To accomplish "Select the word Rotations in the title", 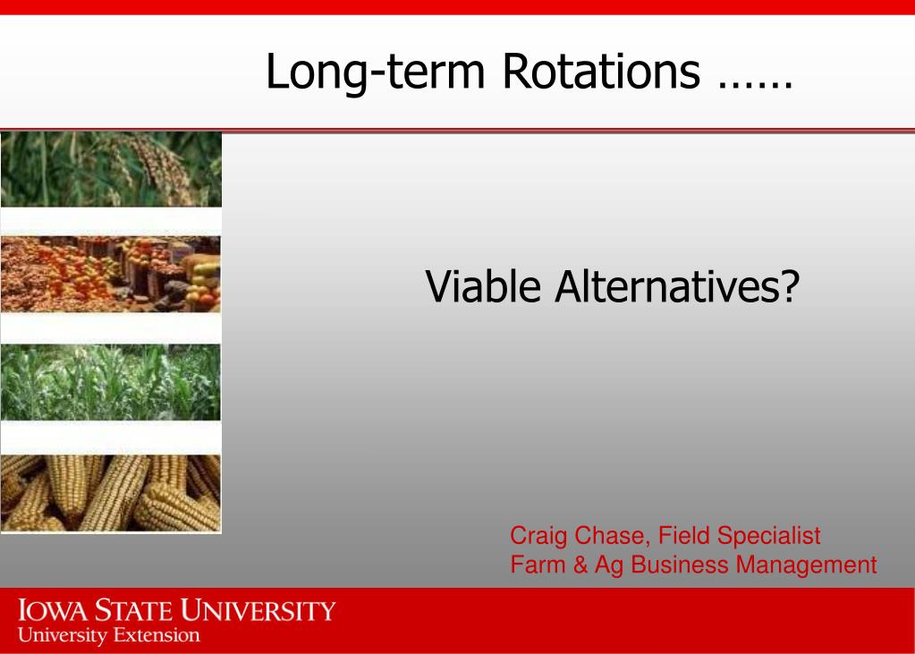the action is pyautogui.click(x=601, y=71).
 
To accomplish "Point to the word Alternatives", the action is pyautogui.click(x=669, y=286).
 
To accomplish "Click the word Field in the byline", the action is pyautogui.click(x=684, y=536).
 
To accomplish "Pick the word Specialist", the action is pyautogui.click(x=769, y=537).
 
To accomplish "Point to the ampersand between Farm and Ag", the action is pyautogui.click(x=580, y=565).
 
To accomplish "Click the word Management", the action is pyautogui.click(x=807, y=565).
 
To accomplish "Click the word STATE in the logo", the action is pyautogui.click(x=134, y=611).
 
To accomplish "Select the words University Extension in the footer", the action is pyautogui.click(x=109, y=635).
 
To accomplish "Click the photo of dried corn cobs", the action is pyautogui.click(x=111, y=494).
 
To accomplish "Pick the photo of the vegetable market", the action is pyautogui.click(x=111, y=274).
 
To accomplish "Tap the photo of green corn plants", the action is pyautogui.click(x=111, y=382).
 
